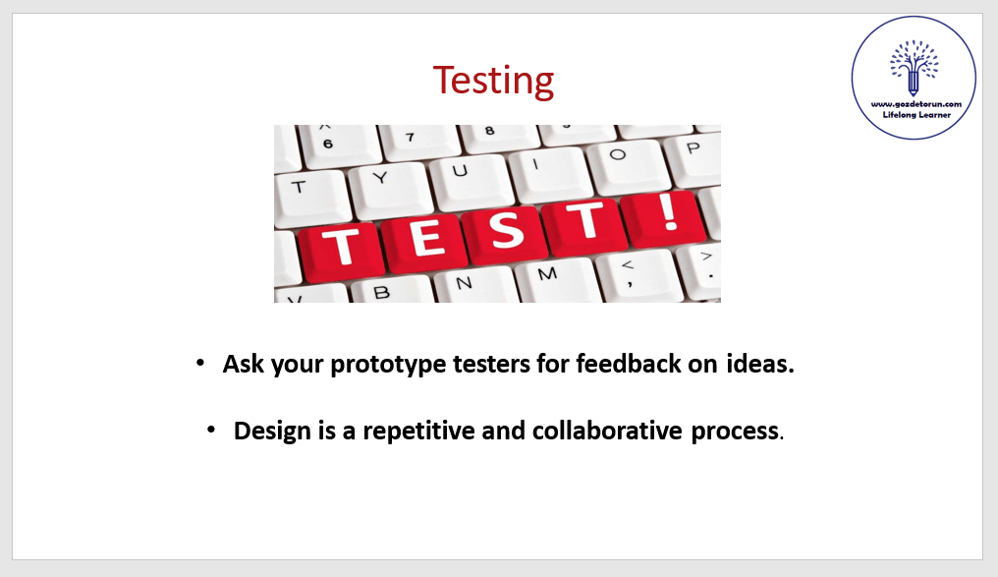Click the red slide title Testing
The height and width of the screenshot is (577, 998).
point(493,81)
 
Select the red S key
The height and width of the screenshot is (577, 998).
point(506,232)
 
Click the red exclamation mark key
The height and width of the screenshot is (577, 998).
point(666,217)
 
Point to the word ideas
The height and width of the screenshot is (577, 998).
point(760,364)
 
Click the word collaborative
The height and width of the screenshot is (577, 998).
point(607,431)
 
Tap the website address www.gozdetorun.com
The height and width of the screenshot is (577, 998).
point(915,104)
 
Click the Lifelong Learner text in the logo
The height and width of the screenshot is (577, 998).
point(916,115)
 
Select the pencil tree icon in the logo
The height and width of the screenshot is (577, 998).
point(914,68)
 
